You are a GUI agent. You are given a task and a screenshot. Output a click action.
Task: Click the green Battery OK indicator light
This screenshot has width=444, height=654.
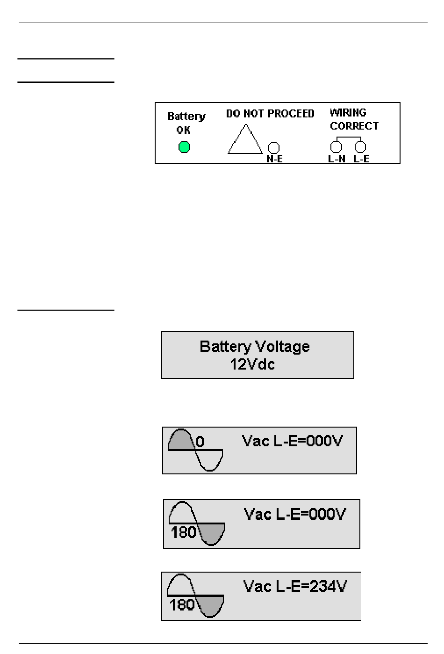(184, 147)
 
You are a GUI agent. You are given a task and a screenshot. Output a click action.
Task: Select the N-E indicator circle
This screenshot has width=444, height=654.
(273, 148)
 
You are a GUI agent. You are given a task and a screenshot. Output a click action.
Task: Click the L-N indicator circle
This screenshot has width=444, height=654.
(336, 147)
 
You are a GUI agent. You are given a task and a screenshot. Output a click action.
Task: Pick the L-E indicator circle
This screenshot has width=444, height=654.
(360, 147)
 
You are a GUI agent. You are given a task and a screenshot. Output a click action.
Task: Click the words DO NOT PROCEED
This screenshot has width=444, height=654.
(270, 114)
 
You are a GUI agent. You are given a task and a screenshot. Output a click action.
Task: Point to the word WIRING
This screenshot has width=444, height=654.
(348, 112)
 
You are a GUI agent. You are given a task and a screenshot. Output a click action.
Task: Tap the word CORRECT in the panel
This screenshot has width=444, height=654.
(354, 126)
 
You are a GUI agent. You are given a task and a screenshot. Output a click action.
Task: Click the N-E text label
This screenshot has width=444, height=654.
(274, 159)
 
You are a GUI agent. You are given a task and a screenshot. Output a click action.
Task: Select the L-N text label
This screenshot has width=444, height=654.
(337, 159)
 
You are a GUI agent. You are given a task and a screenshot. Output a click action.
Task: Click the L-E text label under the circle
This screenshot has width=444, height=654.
(361, 159)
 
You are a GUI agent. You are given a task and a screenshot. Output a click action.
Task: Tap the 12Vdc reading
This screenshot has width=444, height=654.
(252, 364)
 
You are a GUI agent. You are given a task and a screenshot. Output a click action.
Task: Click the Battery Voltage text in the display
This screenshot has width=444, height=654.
(255, 347)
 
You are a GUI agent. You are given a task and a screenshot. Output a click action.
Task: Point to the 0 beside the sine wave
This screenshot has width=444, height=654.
(200, 442)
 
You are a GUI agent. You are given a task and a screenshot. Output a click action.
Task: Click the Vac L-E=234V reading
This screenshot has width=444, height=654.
(295, 586)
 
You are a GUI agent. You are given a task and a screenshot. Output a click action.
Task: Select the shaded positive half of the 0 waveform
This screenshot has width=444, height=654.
(181, 441)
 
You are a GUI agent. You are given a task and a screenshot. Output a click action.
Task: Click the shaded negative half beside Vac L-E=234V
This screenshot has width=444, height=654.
(210, 605)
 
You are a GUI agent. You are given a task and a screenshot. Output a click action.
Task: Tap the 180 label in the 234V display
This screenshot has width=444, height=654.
(182, 605)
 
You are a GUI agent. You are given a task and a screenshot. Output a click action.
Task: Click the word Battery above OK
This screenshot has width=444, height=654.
(186, 116)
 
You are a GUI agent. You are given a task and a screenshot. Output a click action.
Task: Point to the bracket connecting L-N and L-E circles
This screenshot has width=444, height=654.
(349, 137)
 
